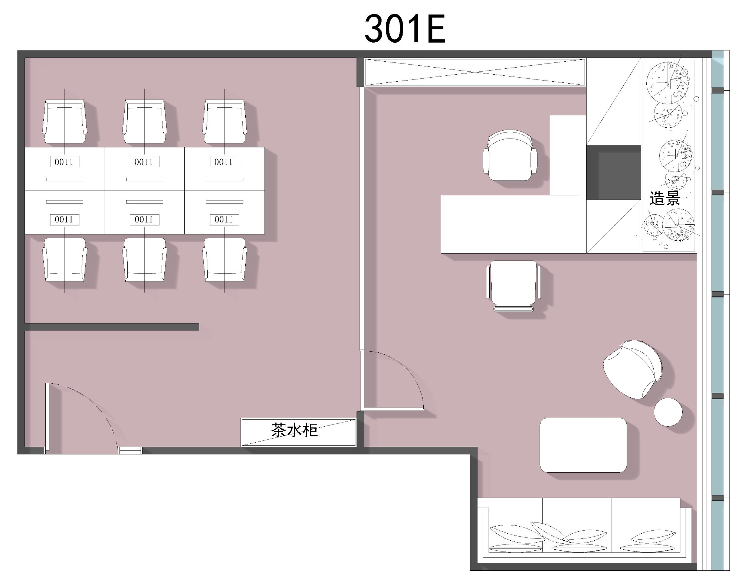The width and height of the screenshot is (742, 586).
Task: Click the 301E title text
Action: (405, 29)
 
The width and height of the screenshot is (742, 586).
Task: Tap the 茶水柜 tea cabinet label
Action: (295, 430)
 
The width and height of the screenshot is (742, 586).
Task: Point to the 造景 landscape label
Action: (664, 198)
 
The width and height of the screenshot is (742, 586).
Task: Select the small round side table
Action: (668, 412)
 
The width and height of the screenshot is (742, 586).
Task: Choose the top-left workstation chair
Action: (65, 121)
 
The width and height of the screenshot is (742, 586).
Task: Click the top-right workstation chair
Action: (224, 121)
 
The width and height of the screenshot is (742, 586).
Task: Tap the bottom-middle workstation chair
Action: (145, 260)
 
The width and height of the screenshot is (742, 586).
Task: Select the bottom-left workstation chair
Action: (65, 260)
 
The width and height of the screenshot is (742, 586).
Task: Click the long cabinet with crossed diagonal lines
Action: (475, 72)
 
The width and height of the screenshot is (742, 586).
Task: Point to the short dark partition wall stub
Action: (112, 327)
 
